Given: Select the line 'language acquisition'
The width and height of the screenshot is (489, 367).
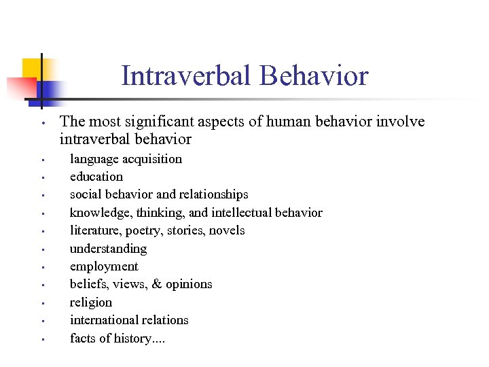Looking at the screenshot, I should tap(126, 159).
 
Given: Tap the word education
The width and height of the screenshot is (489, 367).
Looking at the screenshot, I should tap(96, 177).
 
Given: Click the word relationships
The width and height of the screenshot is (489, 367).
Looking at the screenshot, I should tap(215, 194).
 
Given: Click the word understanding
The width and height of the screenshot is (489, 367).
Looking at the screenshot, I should tap(108, 249).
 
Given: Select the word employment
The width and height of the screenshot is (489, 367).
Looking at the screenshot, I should tap(104, 266).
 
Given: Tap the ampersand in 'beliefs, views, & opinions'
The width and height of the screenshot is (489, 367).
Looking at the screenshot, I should tap(156, 284).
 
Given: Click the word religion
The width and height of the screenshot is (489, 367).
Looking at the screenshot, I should tap(91, 302).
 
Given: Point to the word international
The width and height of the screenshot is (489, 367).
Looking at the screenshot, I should tap(105, 320).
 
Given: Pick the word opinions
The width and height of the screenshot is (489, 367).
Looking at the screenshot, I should tap(189, 284).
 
